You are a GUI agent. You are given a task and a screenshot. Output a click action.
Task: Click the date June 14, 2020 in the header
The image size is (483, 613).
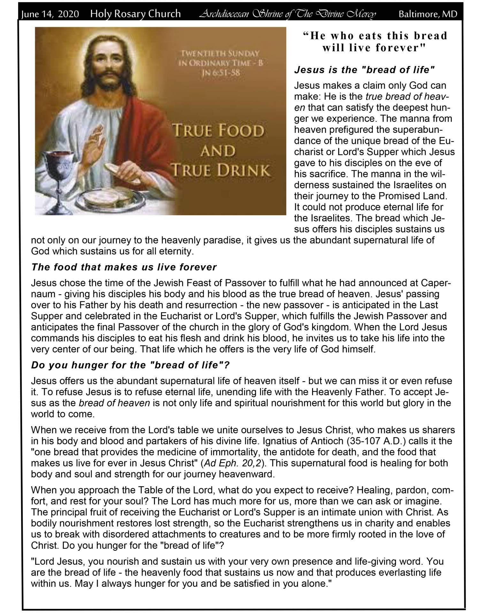pyautogui.click(x=50, y=14)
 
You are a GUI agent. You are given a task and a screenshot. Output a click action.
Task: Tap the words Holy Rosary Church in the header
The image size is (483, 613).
pyautogui.click(x=135, y=14)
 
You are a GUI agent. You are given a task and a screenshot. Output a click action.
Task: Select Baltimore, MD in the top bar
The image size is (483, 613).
pyautogui.click(x=428, y=14)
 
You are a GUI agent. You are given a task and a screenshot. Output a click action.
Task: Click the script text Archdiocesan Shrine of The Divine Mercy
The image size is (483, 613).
pyautogui.click(x=287, y=14)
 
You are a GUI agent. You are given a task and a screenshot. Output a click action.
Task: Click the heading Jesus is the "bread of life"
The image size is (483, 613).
pyautogui.click(x=364, y=70)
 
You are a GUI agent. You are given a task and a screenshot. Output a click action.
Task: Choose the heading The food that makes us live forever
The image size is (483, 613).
pyautogui.click(x=124, y=267)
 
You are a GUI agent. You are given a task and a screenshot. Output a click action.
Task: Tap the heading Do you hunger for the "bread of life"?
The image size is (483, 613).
pyautogui.click(x=130, y=365)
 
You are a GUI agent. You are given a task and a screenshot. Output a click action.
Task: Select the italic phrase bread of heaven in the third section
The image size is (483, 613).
pyautogui.click(x=114, y=403)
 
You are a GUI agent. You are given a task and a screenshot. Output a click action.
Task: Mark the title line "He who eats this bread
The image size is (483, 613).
pyautogui.click(x=375, y=36)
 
